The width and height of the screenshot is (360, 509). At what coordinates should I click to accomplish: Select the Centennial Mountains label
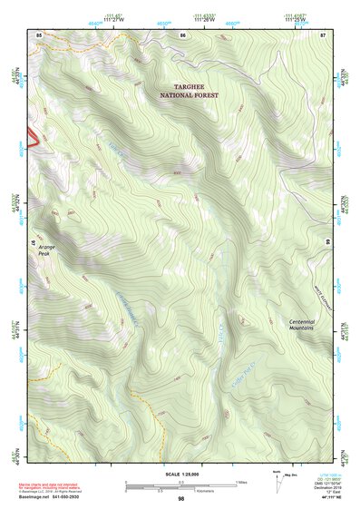point(301,324)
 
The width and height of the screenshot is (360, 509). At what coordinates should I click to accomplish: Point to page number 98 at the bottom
point(180,499)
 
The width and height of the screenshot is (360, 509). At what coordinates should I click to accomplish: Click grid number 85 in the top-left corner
point(39,34)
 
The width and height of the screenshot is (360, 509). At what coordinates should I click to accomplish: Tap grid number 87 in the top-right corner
point(322,34)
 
